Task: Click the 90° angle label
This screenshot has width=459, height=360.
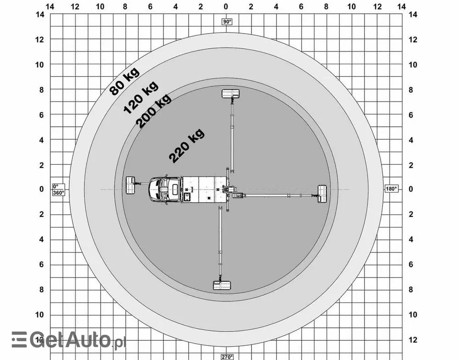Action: pyautogui.click(x=227, y=22)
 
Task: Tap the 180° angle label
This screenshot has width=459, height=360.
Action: pyautogui.click(x=391, y=189)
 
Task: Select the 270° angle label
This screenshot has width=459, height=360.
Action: pyautogui.click(x=227, y=357)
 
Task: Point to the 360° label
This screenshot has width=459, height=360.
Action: pyautogui.click(x=59, y=193)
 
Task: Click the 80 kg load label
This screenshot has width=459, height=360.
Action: pyautogui.click(x=124, y=81)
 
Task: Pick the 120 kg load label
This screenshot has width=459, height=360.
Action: pyautogui.click(x=141, y=97)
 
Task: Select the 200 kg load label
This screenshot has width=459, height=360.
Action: pyautogui.click(x=153, y=111)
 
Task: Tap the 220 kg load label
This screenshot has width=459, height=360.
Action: pyautogui.click(x=186, y=146)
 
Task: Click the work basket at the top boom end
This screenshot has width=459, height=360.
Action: pyautogui.click(x=231, y=94)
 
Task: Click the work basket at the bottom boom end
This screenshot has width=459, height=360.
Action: pyautogui.click(x=222, y=285)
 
